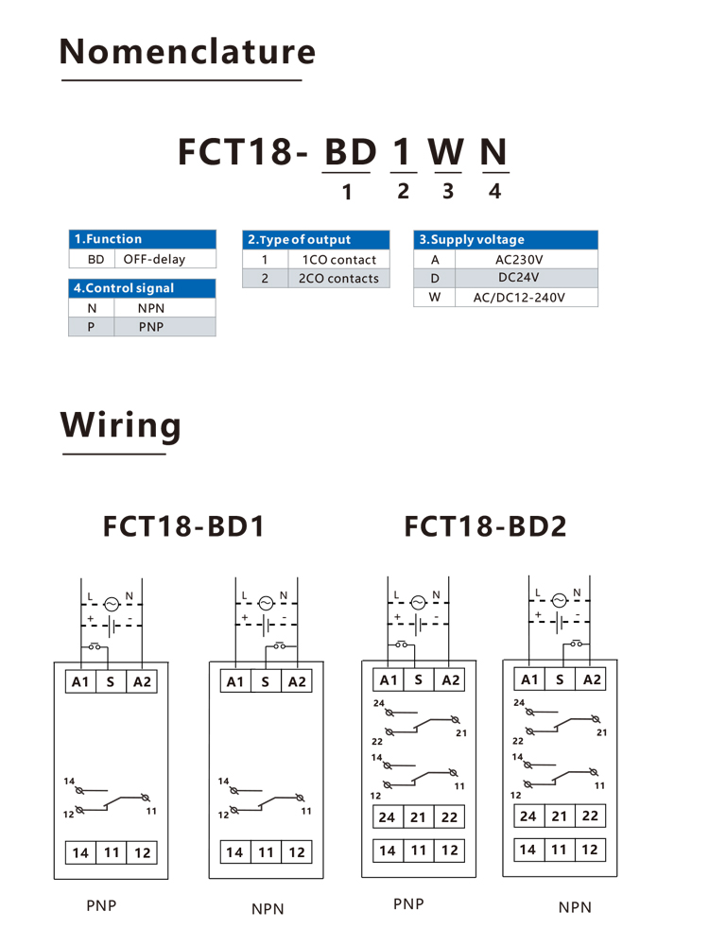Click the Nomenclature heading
pyautogui.click(x=187, y=52)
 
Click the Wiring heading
pyautogui.click(x=121, y=425)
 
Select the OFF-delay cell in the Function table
pyautogui.click(x=154, y=259)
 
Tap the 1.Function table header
pyautogui.click(x=143, y=239)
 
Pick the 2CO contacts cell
pyautogui.click(x=338, y=279)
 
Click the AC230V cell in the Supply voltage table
pyautogui.click(x=519, y=260)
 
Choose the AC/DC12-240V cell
pyautogui.click(x=519, y=297)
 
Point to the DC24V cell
pyautogui.click(x=519, y=278)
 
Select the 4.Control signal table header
pyautogui.click(x=143, y=288)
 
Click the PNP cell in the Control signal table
pyautogui.click(x=151, y=327)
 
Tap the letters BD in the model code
pyautogui.click(x=351, y=152)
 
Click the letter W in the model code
pyautogui.click(x=446, y=152)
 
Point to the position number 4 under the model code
pyautogui.click(x=495, y=191)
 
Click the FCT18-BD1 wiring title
pyautogui.click(x=184, y=526)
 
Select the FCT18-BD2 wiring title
pyautogui.click(x=485, y=526)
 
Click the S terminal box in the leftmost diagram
pyautogui.click(x=111, y=681)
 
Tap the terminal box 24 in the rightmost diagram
pyautogui.click(x=528, y=816)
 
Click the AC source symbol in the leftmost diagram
pyautogui.click(x=112, y=604)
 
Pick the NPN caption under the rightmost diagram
pyautogui.click(x=575, y=907)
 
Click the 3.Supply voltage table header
pyautogui.click(x=506, y=239)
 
